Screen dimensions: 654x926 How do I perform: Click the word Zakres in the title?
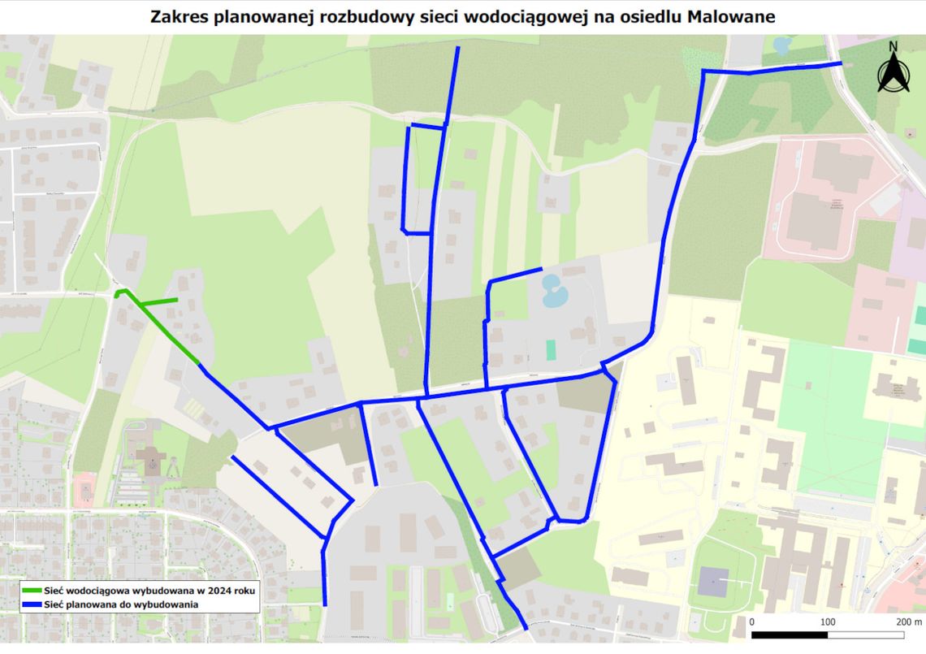point(178,16)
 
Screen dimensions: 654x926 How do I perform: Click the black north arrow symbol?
point(892,74)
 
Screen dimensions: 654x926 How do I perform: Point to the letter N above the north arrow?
point(893,46)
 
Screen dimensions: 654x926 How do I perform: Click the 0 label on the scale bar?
point(752,622)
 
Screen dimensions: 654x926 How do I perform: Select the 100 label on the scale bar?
point(828,622)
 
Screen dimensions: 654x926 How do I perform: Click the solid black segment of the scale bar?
point(790,635)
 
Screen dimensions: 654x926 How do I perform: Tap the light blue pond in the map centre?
point(552,290)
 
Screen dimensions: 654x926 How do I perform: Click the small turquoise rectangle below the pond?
point(552,350)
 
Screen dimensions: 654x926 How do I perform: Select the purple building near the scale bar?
point(713,581)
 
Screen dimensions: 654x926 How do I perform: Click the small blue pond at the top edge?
point(781,44)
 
